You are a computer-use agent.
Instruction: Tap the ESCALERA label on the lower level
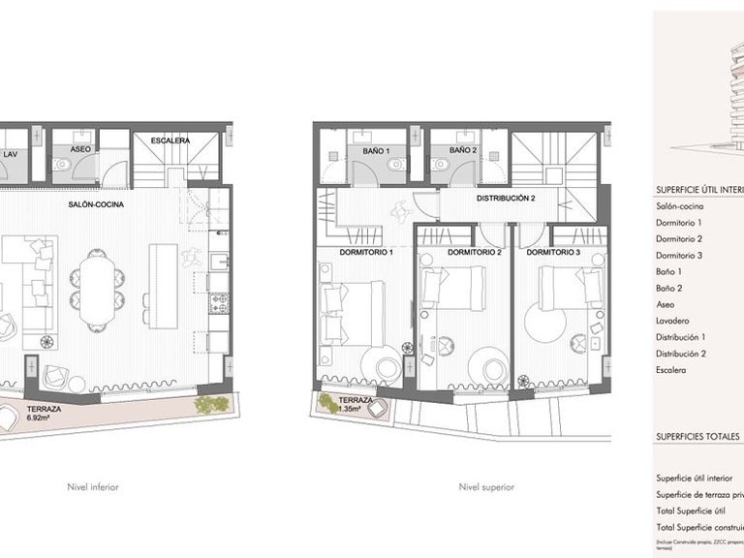coord(170,140)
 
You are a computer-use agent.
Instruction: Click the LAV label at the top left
coord(10,154)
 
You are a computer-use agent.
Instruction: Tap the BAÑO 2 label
coord(462,151)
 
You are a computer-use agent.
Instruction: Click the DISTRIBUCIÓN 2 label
coord(506,199)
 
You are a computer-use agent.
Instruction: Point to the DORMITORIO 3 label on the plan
coord(555,253)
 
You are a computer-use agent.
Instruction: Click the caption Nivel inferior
coord(92,487)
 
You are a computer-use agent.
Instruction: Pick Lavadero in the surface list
coord(673,320)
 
